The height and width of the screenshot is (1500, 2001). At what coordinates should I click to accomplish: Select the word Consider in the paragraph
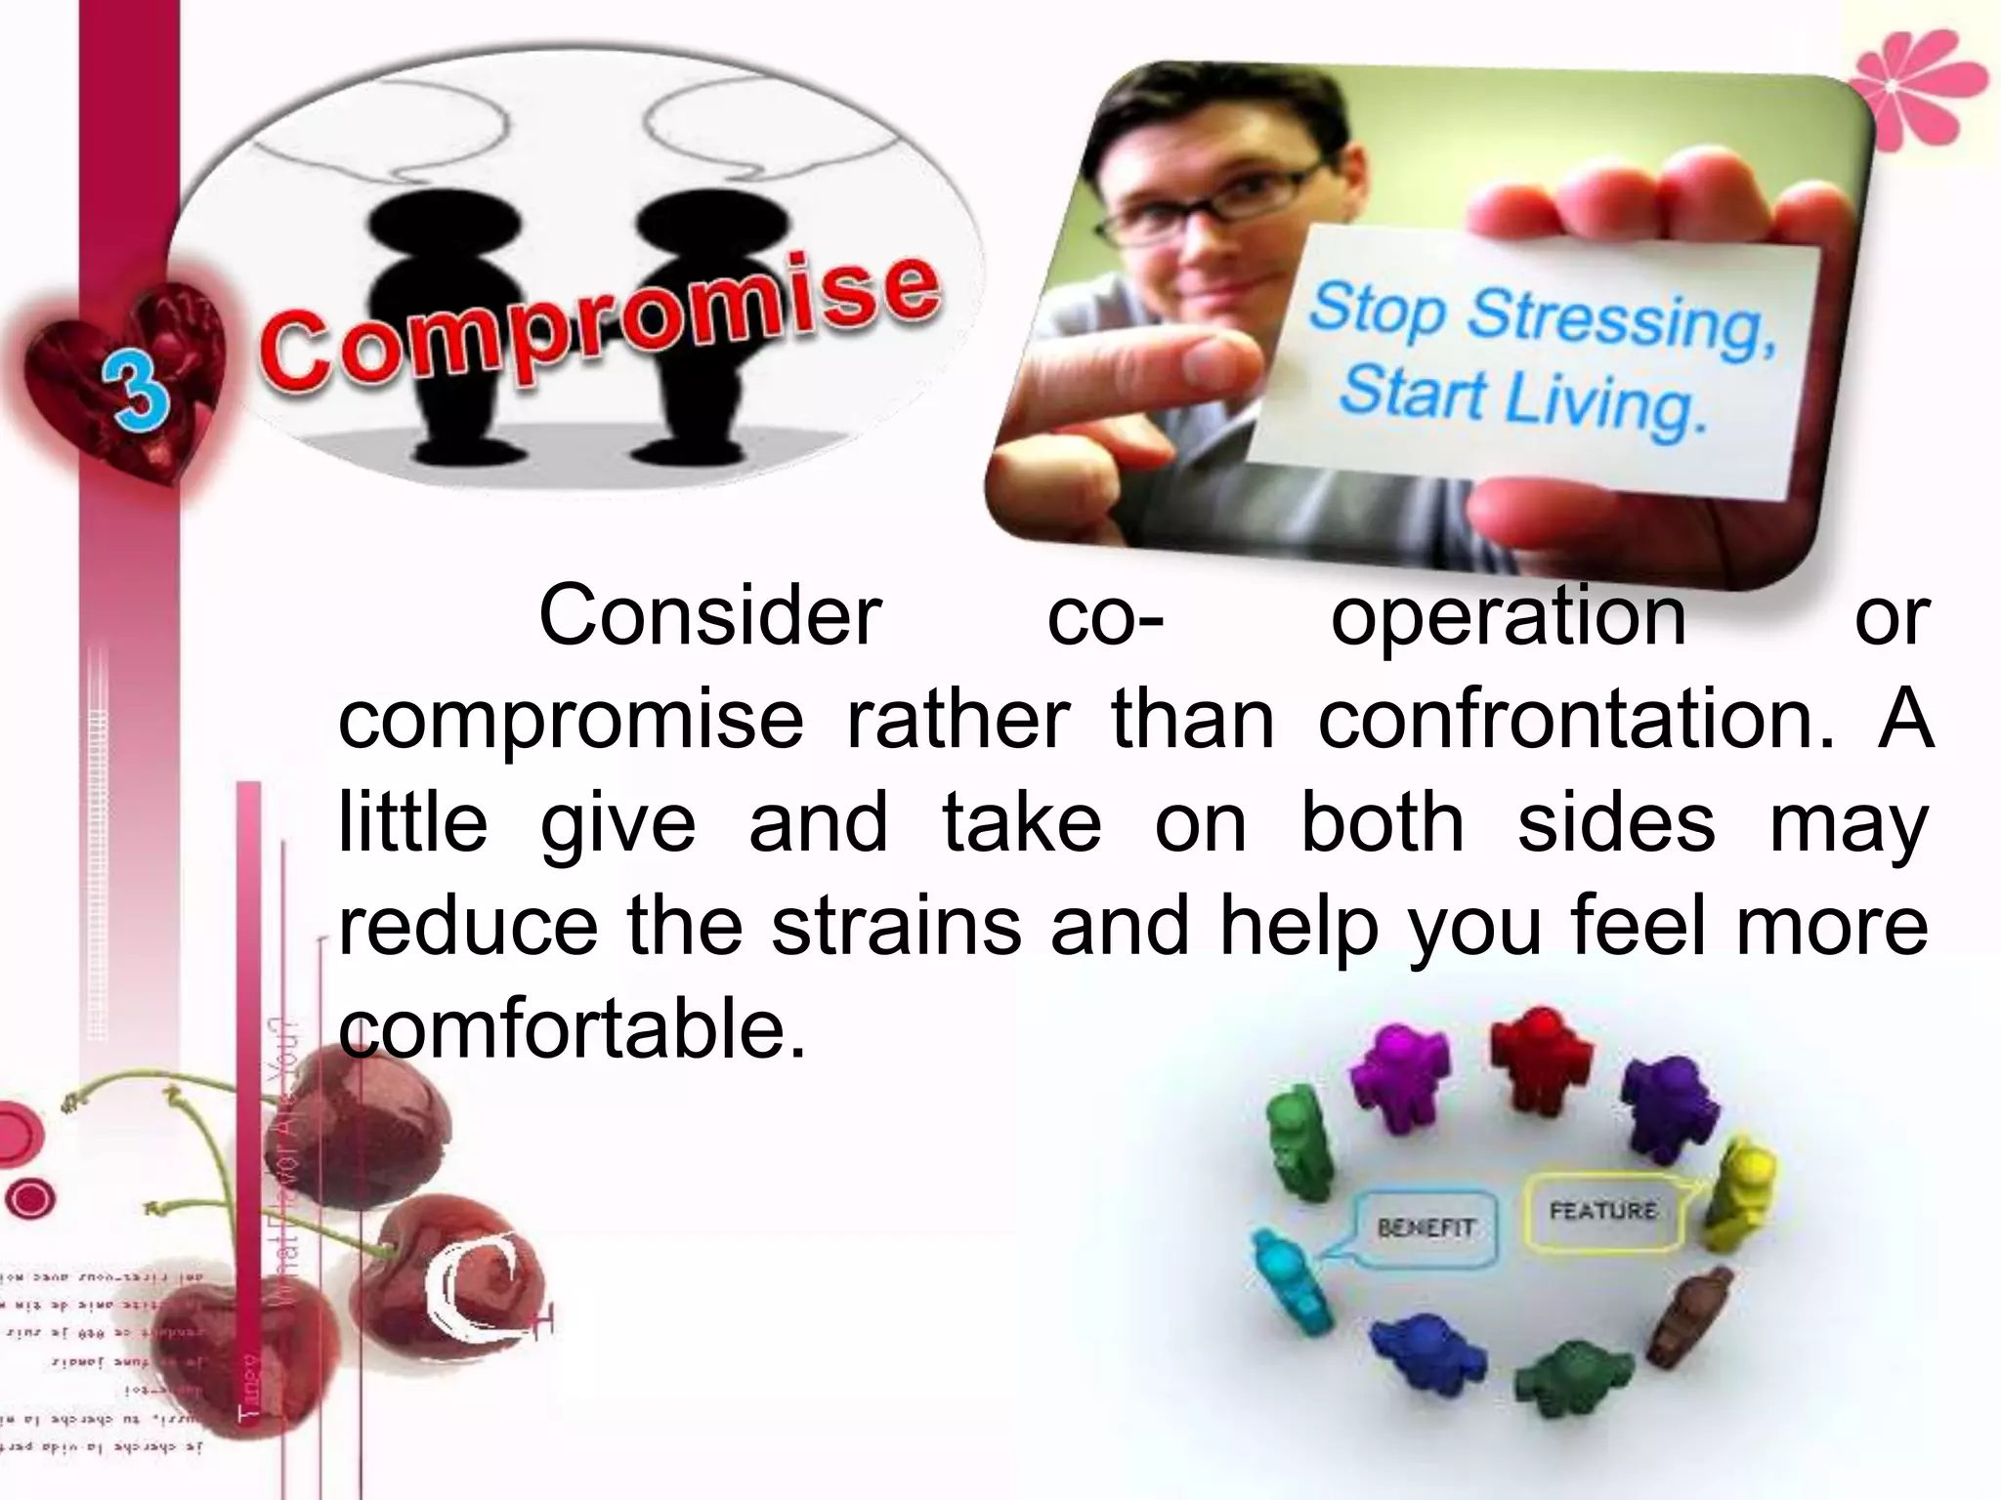pyautogui.click(x=710, y=615)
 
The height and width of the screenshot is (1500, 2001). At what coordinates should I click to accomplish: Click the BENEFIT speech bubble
pyautogui.click(x=1426, y=1228)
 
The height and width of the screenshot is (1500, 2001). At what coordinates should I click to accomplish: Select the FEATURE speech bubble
pyautogui.click(x=1603, y=1212)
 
